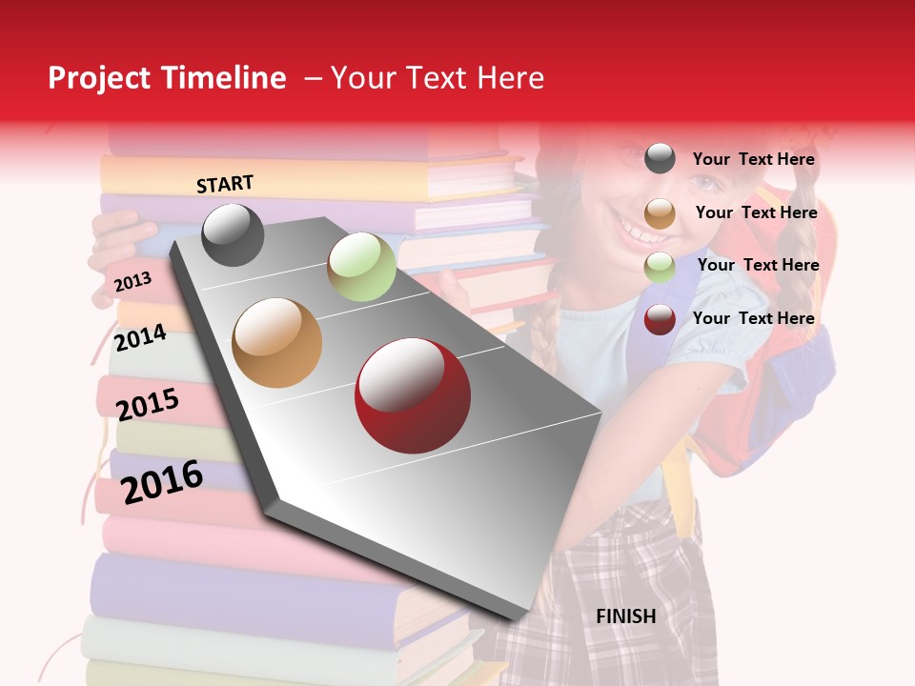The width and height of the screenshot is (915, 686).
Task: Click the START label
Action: pos(225,184)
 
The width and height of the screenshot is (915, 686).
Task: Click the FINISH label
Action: pos(625,616)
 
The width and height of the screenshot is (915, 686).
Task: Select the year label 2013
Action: pos(132,281)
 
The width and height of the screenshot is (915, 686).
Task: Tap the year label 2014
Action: pos(139,338)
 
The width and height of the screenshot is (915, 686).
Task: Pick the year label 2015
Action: pos(147,405)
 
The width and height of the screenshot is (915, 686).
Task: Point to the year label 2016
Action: pos(162,482)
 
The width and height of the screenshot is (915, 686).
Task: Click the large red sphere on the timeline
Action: pos(413,395)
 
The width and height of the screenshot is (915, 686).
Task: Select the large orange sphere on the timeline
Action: pos(277,343)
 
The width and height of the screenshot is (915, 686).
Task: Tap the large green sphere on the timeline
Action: pos(361,267)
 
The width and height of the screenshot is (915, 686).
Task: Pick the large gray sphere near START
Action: pos(234,234)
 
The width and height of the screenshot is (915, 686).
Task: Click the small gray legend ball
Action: pos(660,159)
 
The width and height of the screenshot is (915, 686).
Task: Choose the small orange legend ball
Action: pos(660,213)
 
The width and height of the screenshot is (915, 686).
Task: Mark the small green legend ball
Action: pos(660,267)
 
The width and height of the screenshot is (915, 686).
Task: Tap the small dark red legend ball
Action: pos(660,319)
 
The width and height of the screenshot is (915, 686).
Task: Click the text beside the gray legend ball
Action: pos(753,160)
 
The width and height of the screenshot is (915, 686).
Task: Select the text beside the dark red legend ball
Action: pos(753,318)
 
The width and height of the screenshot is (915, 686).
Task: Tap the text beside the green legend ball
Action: pos(758,265)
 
